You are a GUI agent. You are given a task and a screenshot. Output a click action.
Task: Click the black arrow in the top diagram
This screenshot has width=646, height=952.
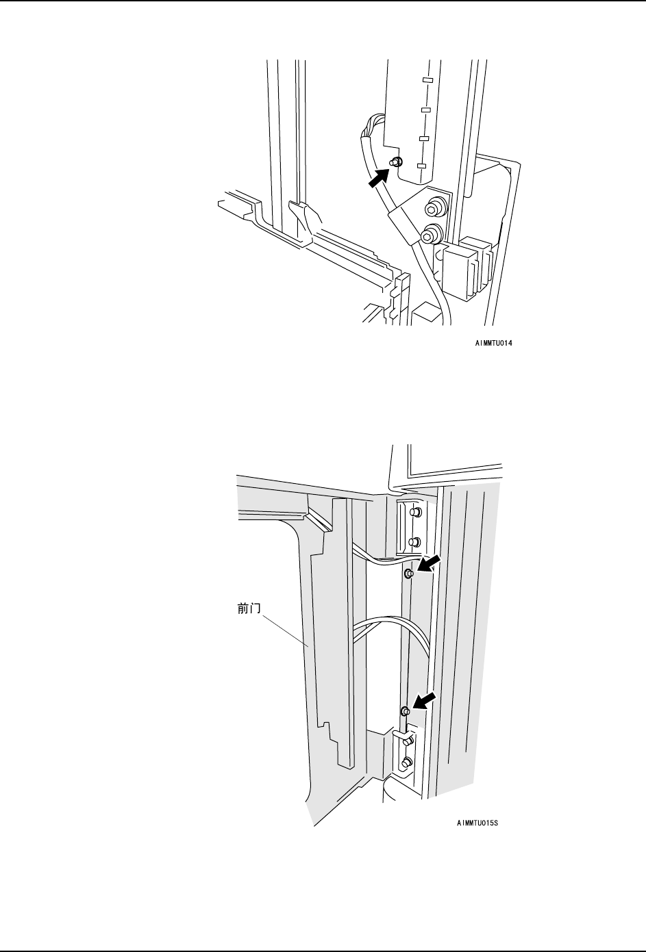[377, 178]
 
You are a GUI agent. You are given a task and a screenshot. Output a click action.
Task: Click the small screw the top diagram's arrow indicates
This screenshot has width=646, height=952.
[395, 162]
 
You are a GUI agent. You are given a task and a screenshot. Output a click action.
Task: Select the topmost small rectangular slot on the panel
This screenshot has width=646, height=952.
[427, 80]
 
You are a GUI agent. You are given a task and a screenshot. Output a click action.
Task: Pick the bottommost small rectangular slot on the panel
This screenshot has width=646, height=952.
[421, 166]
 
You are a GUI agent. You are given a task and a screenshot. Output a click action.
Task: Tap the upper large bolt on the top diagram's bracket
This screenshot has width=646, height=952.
[433, 206]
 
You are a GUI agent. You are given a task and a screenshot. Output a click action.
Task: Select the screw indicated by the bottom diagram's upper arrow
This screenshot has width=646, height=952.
[409, 574]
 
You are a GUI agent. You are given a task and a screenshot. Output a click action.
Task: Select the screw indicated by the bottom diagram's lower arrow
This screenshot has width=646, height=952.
[405, 711]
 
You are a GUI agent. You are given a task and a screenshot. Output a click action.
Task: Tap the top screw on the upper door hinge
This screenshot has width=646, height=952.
[413, 512]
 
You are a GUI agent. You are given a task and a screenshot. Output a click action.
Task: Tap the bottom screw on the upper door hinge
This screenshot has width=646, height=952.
[413, 542]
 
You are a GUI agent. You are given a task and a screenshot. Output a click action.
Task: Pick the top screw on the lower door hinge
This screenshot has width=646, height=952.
[407, 741]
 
